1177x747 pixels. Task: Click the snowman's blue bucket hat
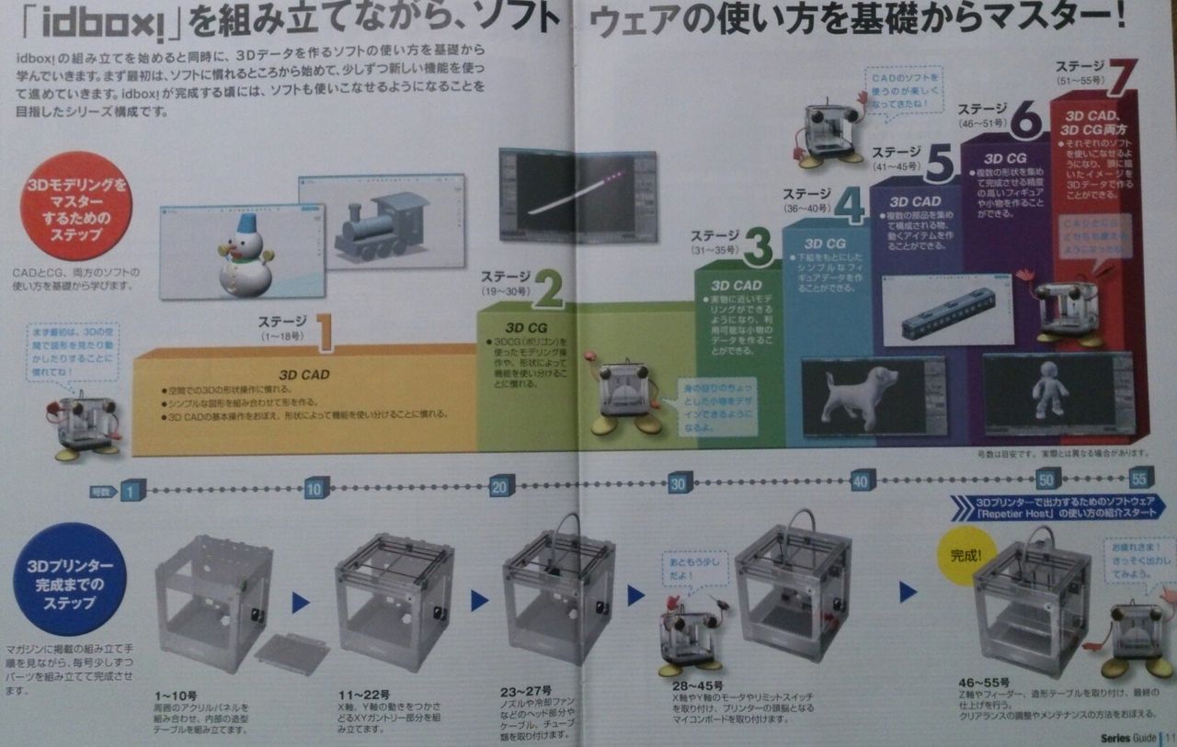pos(246,223)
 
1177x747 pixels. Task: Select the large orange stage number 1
pos(324,333)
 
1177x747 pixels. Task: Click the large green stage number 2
pos(547,287)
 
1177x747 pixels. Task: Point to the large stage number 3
pos(756,246)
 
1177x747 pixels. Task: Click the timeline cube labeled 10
pos(314,488)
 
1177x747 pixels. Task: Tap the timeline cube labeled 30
pos(680,483)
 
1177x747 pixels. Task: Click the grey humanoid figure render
pos(1049,390)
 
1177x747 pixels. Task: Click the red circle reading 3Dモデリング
pos(75,206)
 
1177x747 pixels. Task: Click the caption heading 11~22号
pos(364,694)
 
